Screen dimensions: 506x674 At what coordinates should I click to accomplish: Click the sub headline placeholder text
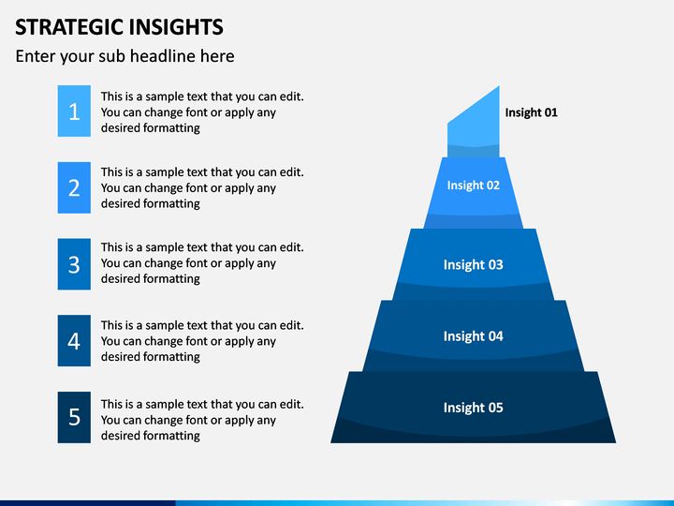pyautogui.click(x=125, y=56)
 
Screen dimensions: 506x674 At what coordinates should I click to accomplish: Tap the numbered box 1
pyautogui.click(x=74, y=112)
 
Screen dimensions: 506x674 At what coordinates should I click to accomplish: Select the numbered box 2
pyautogui.click(x=74, y=187)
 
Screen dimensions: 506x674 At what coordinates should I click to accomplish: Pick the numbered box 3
pyautogui.click(x=74, y=264)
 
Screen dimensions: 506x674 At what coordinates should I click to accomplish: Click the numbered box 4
pyautogui.click(x=74, y=340)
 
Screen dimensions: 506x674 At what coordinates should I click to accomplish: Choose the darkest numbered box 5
pyautogui.click(x=74, y=417)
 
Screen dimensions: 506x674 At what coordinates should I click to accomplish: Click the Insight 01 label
pyautogui.click(x=531, y=112)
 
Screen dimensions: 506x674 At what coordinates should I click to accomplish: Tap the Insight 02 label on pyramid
pyautogui.click(x=473, y=186)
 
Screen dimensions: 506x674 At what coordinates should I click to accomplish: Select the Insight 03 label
pyautogui.click(x=473, y=265)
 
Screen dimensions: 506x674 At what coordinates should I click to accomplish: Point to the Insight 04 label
pyautogui.click(x=473, y=336)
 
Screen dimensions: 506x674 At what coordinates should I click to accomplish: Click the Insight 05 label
pyautogui.click(x=473, y=408)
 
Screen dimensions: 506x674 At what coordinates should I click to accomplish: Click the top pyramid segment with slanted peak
pyautogui.click(x=474, y=122)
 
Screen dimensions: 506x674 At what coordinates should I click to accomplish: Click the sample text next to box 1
pyautogui.click(x=201, y=112)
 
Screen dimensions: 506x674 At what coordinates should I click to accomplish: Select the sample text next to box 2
pyautogui.click(x=201, y=187)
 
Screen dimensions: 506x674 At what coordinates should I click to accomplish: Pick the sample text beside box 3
pyautogui.click(x=201, y=263)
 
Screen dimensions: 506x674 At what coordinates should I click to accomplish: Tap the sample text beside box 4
pyautogui.click(x=201, y=341)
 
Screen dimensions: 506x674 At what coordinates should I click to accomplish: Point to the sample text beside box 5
pyautogui.click(x=201, y=420)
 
